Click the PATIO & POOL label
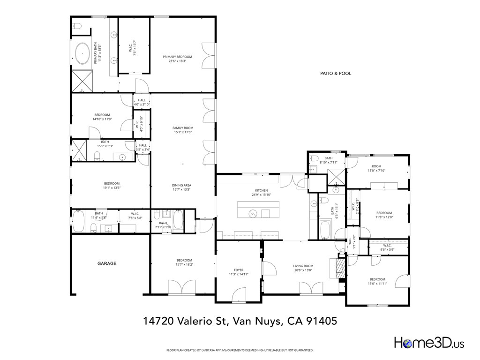[x=335, y=74]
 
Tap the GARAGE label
[x=107, y=264]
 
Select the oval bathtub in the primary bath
[x=83, y=54]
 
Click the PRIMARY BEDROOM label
[x=177, y=57]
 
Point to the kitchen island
[x=258, y=210]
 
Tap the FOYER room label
[x=239, y=270]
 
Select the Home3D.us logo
[x=429, y=343]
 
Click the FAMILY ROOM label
[x=183, y=128]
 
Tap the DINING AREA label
[x=181, y=185]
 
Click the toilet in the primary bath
[x=78, y=27]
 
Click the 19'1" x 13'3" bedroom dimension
[x=112, y=187]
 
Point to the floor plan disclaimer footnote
[x=240, y=350]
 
